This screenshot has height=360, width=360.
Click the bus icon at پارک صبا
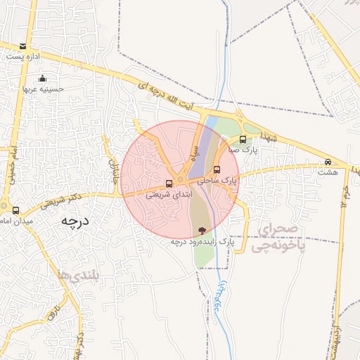243,139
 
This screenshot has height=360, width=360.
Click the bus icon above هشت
328,162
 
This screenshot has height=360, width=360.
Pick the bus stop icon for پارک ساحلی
217,169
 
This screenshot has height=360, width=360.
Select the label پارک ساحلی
218,181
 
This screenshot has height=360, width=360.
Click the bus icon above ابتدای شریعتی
168,184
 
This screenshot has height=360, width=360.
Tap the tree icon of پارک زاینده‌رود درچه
202,230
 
